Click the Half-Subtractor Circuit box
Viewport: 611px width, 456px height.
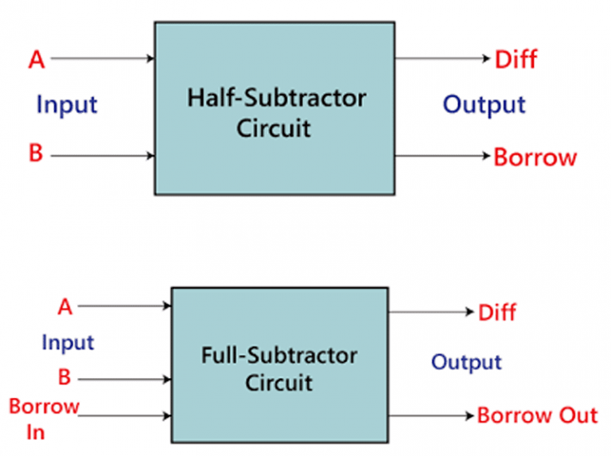pos(274,108)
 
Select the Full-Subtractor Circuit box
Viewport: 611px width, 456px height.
pos(280,365)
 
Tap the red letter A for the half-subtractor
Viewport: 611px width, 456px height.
pos(36,59)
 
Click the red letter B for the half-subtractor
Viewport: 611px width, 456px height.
pos(36,154)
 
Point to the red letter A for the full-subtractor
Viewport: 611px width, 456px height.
pos(65,306)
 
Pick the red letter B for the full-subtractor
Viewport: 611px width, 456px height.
pos(64,377)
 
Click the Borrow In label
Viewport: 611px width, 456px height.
pos(44,419)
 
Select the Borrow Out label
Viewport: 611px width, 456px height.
pos(537,415)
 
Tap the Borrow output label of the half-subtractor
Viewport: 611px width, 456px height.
pos(535,157)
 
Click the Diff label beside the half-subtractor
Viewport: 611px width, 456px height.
pos(516,59)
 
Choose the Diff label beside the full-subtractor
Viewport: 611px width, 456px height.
pos(497,312)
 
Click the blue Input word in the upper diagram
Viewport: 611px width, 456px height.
pos(67,104)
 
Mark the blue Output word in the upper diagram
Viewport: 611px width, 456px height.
pos(484,104)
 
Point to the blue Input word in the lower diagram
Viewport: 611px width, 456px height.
pos(68,343)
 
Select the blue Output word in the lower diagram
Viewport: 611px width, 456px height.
pos(466,362)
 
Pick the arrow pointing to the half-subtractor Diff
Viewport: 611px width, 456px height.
pos(442,59)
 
